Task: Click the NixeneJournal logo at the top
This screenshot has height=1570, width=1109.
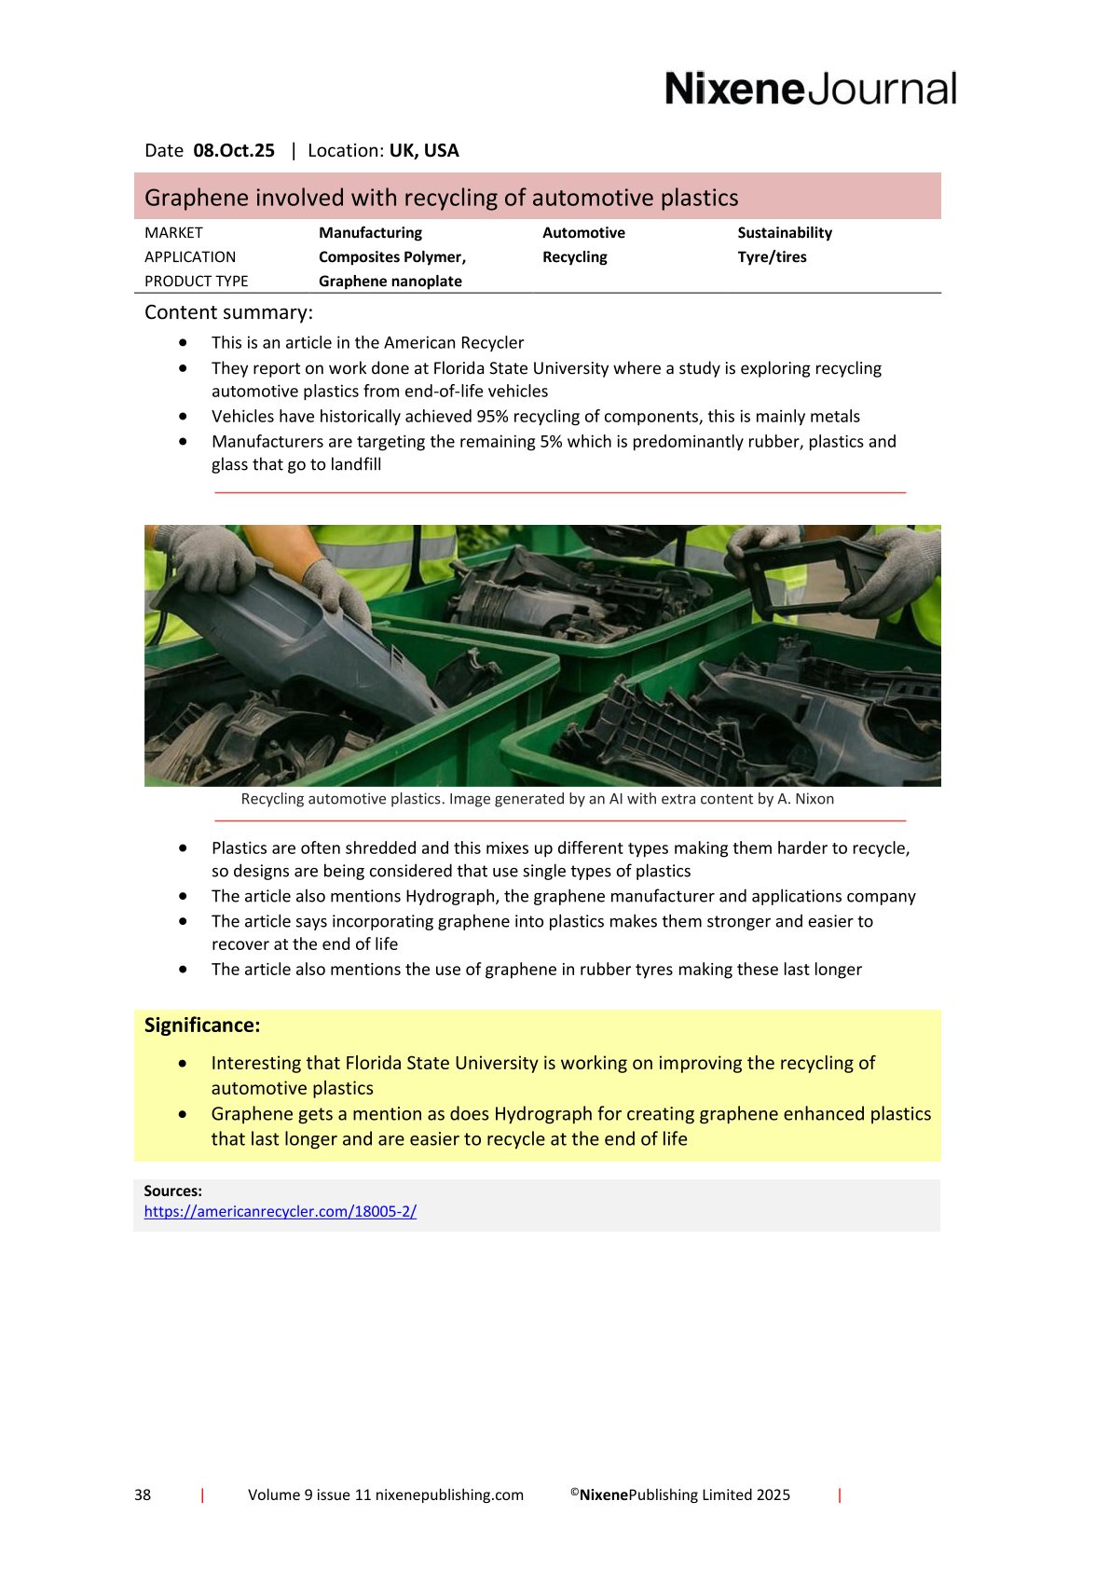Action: tap(810, 89)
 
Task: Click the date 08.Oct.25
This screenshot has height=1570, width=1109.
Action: tap(234, 150)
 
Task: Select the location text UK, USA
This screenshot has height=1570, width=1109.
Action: tap(424, 150)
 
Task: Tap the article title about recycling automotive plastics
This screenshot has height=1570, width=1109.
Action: tap(441, 198)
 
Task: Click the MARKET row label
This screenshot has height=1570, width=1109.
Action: tap(173, 233)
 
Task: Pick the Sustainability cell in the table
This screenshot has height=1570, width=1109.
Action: tap(784, 233)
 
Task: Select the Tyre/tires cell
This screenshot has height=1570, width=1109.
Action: tap(772, 257)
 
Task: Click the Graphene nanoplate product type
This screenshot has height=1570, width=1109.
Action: tap(390, 282)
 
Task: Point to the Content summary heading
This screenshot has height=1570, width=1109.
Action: tap(228, 312)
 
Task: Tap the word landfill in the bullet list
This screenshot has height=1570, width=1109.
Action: tap(355, 465)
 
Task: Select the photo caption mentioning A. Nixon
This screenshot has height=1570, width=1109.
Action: tap(537, 799)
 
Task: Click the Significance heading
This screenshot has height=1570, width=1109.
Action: tap(202, 1026)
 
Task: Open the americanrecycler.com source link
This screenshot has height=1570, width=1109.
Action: tap(280, 1212)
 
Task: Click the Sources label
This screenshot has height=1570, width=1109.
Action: tap(172, 1191)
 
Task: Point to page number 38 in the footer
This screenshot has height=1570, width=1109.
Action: tap(143, 1495)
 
